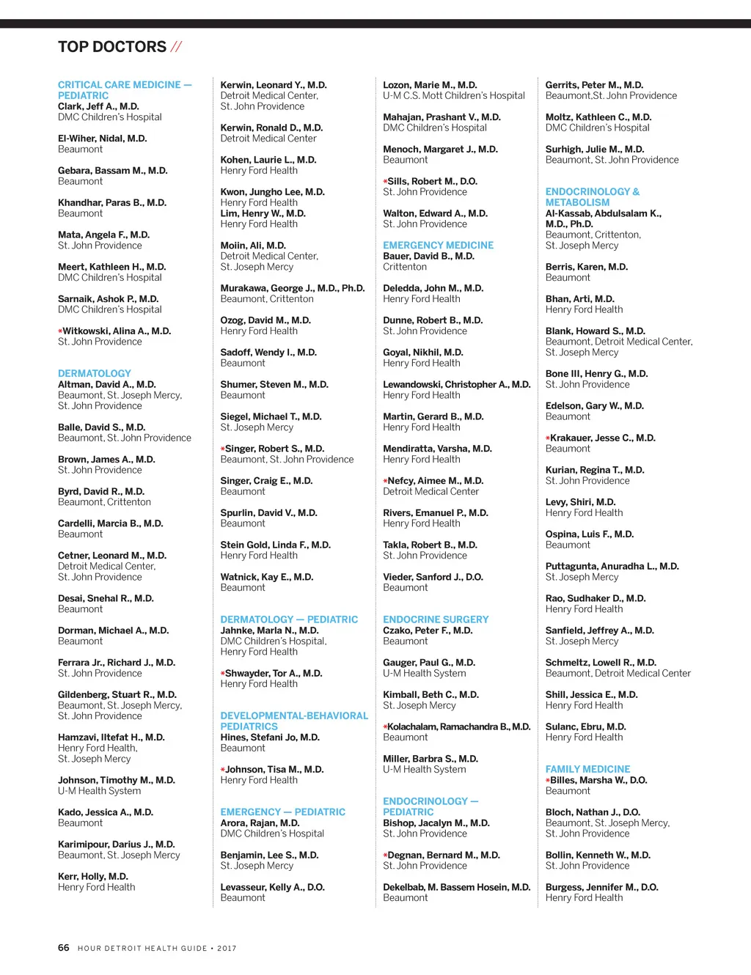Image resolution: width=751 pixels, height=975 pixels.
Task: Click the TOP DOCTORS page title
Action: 112,47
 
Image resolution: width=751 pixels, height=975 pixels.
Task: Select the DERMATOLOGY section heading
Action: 95,374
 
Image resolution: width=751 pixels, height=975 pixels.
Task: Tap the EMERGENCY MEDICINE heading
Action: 438,246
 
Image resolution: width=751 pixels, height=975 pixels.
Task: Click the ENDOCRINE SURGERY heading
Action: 436,619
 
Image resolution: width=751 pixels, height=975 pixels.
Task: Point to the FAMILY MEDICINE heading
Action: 587,769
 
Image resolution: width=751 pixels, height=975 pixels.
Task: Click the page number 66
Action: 64,948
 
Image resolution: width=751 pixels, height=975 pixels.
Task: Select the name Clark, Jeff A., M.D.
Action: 98,106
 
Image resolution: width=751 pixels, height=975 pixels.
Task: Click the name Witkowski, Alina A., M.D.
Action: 117,331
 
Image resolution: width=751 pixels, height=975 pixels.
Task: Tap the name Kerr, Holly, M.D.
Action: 93,877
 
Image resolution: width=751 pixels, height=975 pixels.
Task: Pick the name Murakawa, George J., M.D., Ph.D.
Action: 293,288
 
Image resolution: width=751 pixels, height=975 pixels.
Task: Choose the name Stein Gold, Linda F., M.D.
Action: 276,545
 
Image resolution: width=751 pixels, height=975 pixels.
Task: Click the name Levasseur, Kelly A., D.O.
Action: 272,887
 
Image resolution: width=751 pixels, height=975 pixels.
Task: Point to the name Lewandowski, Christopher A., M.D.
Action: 456,384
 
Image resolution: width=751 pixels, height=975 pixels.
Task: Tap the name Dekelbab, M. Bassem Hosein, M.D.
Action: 456,887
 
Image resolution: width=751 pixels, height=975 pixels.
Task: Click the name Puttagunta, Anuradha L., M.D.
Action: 612,566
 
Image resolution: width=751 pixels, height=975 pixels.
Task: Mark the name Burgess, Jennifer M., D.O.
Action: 601,887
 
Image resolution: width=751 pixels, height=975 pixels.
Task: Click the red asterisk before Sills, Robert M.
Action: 385,181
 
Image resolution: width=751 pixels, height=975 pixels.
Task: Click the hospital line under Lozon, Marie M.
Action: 454,96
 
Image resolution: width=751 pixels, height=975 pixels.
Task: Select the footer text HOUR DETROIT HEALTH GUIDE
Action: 142,949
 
